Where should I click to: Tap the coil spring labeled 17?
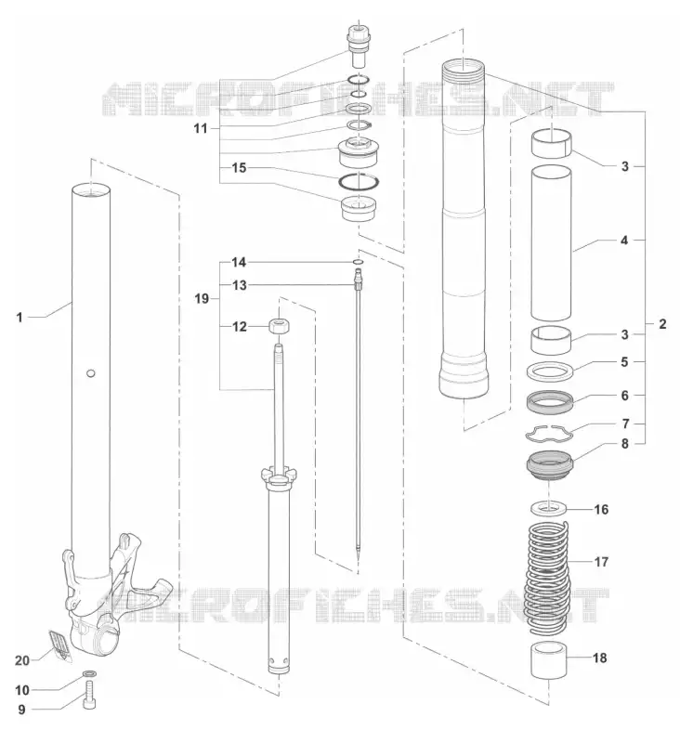[549, 578]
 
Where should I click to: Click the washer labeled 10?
[88, 673]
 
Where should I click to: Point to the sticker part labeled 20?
[59, 645]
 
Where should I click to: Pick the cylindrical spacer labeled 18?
[549, 660]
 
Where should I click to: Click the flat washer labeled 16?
[548, 508]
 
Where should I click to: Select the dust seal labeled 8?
[550, 466]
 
